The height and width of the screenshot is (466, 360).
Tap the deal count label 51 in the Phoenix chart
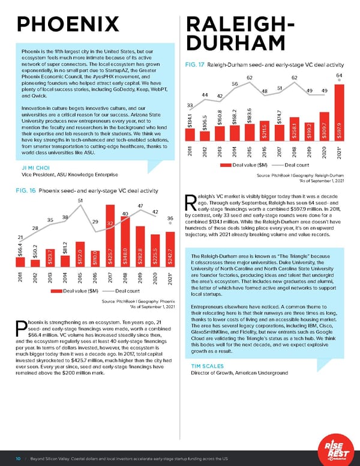[x=80, y=199]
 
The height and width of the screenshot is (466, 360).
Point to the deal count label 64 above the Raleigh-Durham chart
[x=339, y=76]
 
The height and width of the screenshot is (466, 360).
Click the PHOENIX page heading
[x=69, y=23]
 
